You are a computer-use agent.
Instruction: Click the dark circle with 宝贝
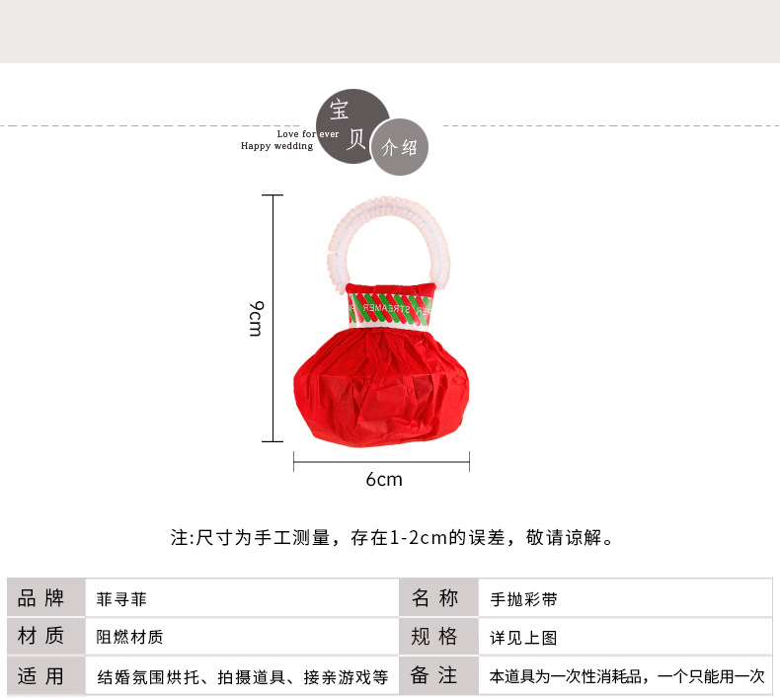(x=351, y=123)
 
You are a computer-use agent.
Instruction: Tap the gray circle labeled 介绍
(x=400, y=147)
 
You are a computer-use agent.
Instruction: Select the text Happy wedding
(x=277, y=146)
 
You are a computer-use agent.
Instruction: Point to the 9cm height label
(x=255, y=318)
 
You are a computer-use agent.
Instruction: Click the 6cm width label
(x=384, y=480)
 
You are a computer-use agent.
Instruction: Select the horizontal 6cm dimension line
(x=381, y=460)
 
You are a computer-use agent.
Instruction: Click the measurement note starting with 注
(x=393, y=539)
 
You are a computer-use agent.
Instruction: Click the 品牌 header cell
(x=40, y=598)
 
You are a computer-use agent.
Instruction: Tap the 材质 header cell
(x=40, y=637)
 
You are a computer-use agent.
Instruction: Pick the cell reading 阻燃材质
(x=128, y=638)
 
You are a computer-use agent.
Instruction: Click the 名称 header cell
(x=434, y=598)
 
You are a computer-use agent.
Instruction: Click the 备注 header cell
(x=434, y=676)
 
